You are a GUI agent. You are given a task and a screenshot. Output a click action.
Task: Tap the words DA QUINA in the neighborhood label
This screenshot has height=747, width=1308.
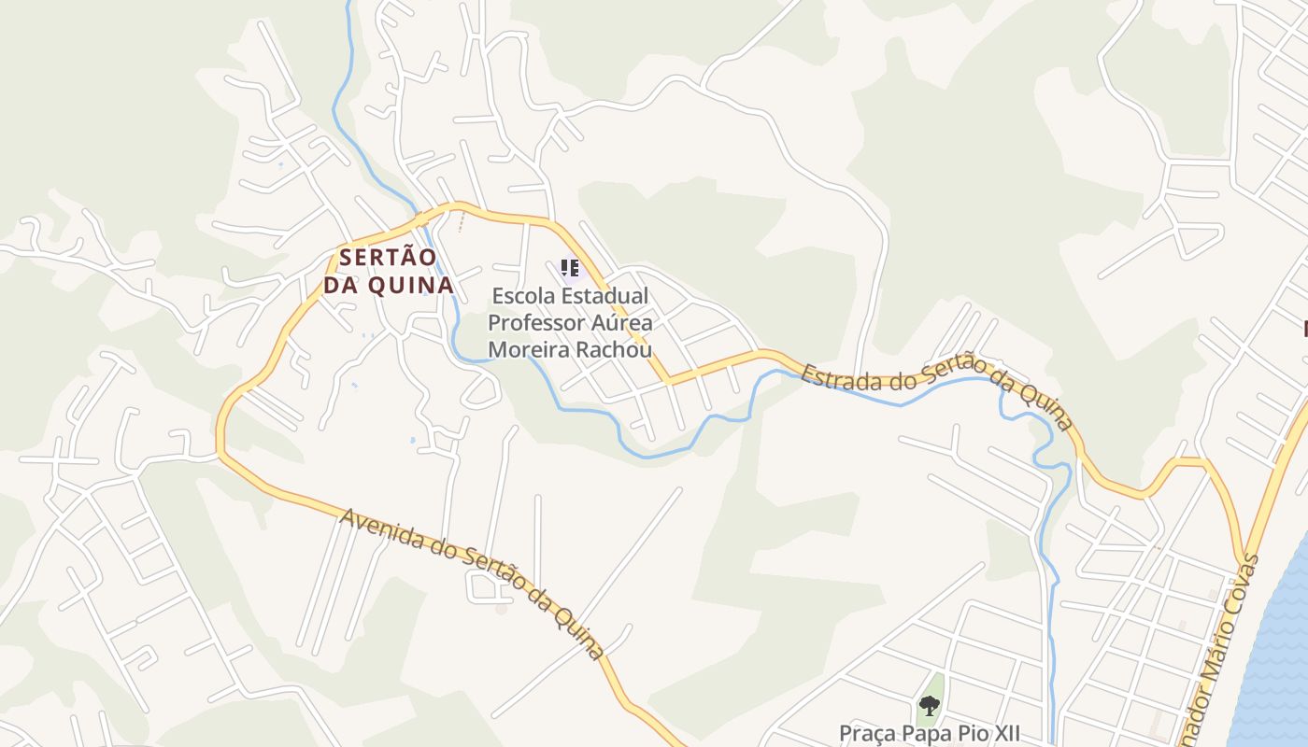[389, 285]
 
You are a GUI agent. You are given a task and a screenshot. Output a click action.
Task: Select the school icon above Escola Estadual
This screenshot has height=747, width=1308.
[570, 269]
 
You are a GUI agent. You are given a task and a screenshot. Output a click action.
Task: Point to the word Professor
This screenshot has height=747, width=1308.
[536, 323]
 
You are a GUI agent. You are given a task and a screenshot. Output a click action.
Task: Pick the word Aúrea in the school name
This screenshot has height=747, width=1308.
[623, 323]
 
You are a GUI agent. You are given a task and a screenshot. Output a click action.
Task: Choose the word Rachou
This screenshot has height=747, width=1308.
[617, 350]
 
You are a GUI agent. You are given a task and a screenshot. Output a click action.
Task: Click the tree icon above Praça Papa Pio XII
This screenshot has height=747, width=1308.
[929, 706]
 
